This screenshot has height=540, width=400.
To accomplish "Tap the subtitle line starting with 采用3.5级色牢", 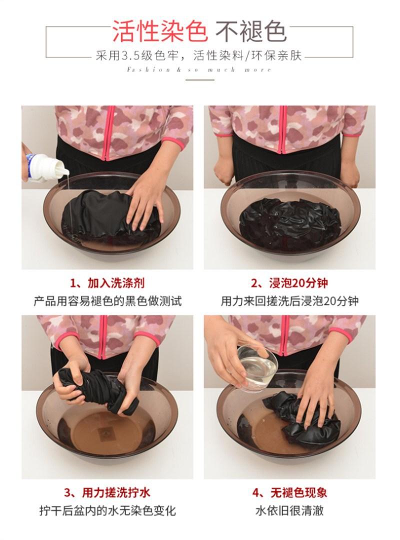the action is point(199,55).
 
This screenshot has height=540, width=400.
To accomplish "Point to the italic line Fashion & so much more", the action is point(199,70).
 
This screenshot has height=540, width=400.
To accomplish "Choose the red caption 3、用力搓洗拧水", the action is point(107,492).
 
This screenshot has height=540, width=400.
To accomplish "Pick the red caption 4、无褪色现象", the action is point(289,492).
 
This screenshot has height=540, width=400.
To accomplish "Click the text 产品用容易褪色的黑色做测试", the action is point(107,301).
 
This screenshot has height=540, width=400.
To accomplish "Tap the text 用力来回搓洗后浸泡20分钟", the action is point(290,301).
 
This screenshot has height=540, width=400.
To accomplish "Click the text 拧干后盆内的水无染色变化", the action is point(107,510).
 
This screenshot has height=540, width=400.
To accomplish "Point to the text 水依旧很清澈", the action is point(289,510).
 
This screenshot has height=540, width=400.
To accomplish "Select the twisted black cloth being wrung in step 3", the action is point(97,391).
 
